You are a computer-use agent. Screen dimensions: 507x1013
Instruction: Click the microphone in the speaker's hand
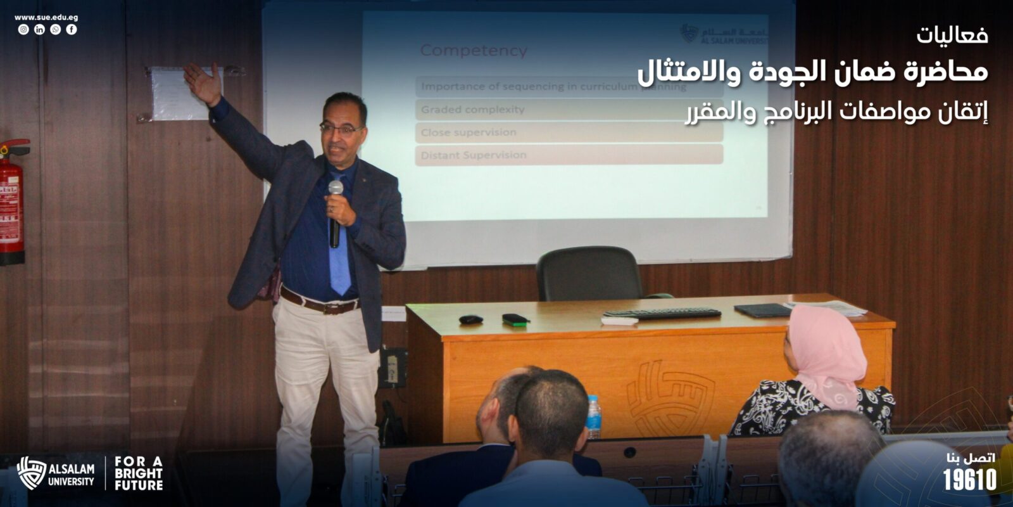(335, 213)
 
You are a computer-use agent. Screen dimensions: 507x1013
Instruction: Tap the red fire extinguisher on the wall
(11, 203)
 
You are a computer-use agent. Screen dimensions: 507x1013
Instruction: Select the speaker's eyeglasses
(340, 129)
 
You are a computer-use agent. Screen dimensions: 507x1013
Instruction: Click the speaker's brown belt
(319, 304)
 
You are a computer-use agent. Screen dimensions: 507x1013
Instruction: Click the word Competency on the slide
(474, 51)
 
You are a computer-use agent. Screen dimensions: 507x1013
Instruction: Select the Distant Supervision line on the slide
(474, 155)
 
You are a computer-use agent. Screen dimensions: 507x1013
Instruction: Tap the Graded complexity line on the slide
(472, 110)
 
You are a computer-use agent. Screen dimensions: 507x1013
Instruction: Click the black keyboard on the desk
(662, 313)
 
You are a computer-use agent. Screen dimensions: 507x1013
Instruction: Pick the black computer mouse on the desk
(470, 319)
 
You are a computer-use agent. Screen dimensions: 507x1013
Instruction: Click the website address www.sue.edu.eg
(46, 18)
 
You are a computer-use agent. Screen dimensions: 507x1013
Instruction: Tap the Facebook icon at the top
(72, 30)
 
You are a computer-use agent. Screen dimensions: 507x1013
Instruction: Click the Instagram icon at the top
(23, 30)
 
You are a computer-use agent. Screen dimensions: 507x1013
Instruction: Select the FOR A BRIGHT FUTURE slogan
(139, 473)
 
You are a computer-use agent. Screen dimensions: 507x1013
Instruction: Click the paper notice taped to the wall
(179, 94)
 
